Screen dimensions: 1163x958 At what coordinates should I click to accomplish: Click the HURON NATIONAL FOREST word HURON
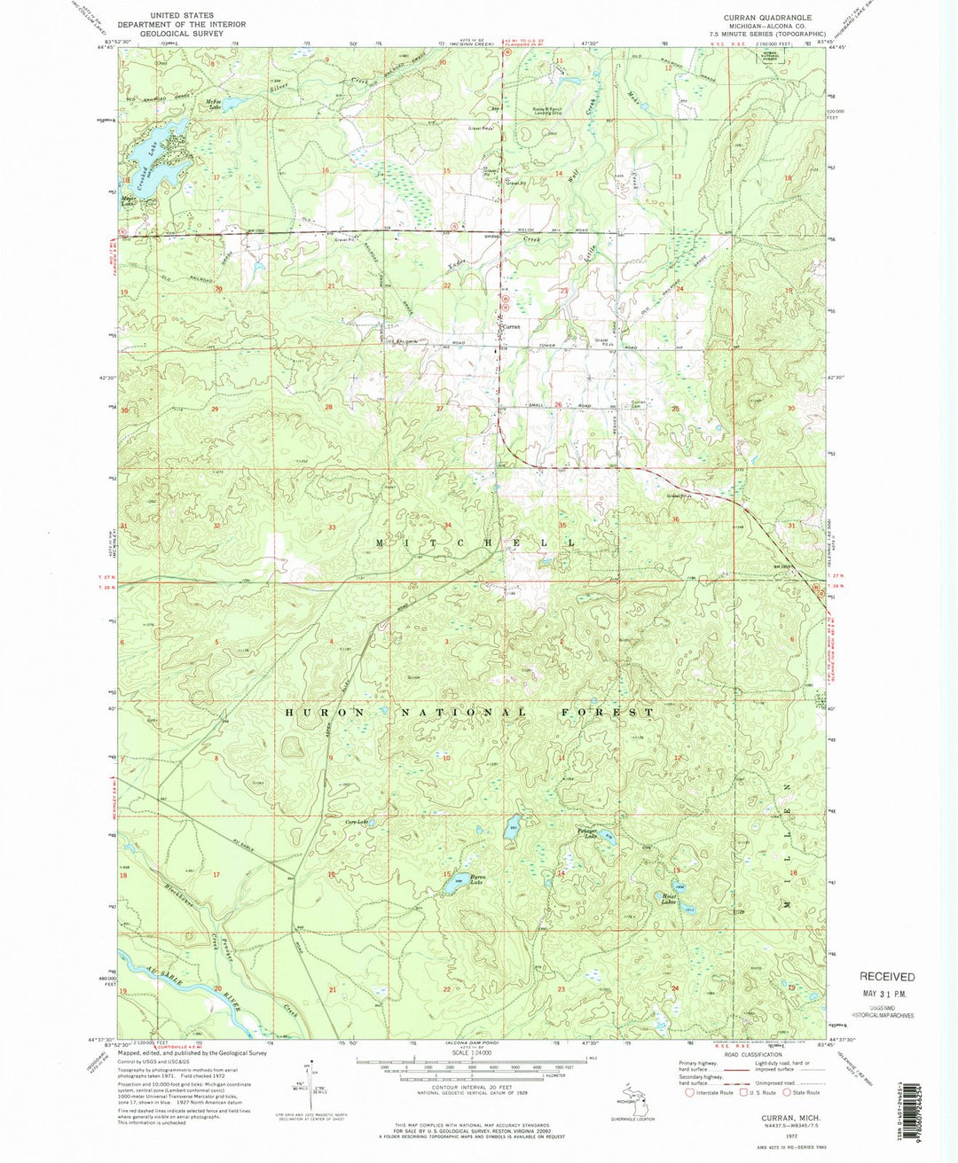323,712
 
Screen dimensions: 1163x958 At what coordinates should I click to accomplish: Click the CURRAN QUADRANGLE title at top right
767,17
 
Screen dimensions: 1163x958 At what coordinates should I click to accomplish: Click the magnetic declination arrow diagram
308,1084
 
